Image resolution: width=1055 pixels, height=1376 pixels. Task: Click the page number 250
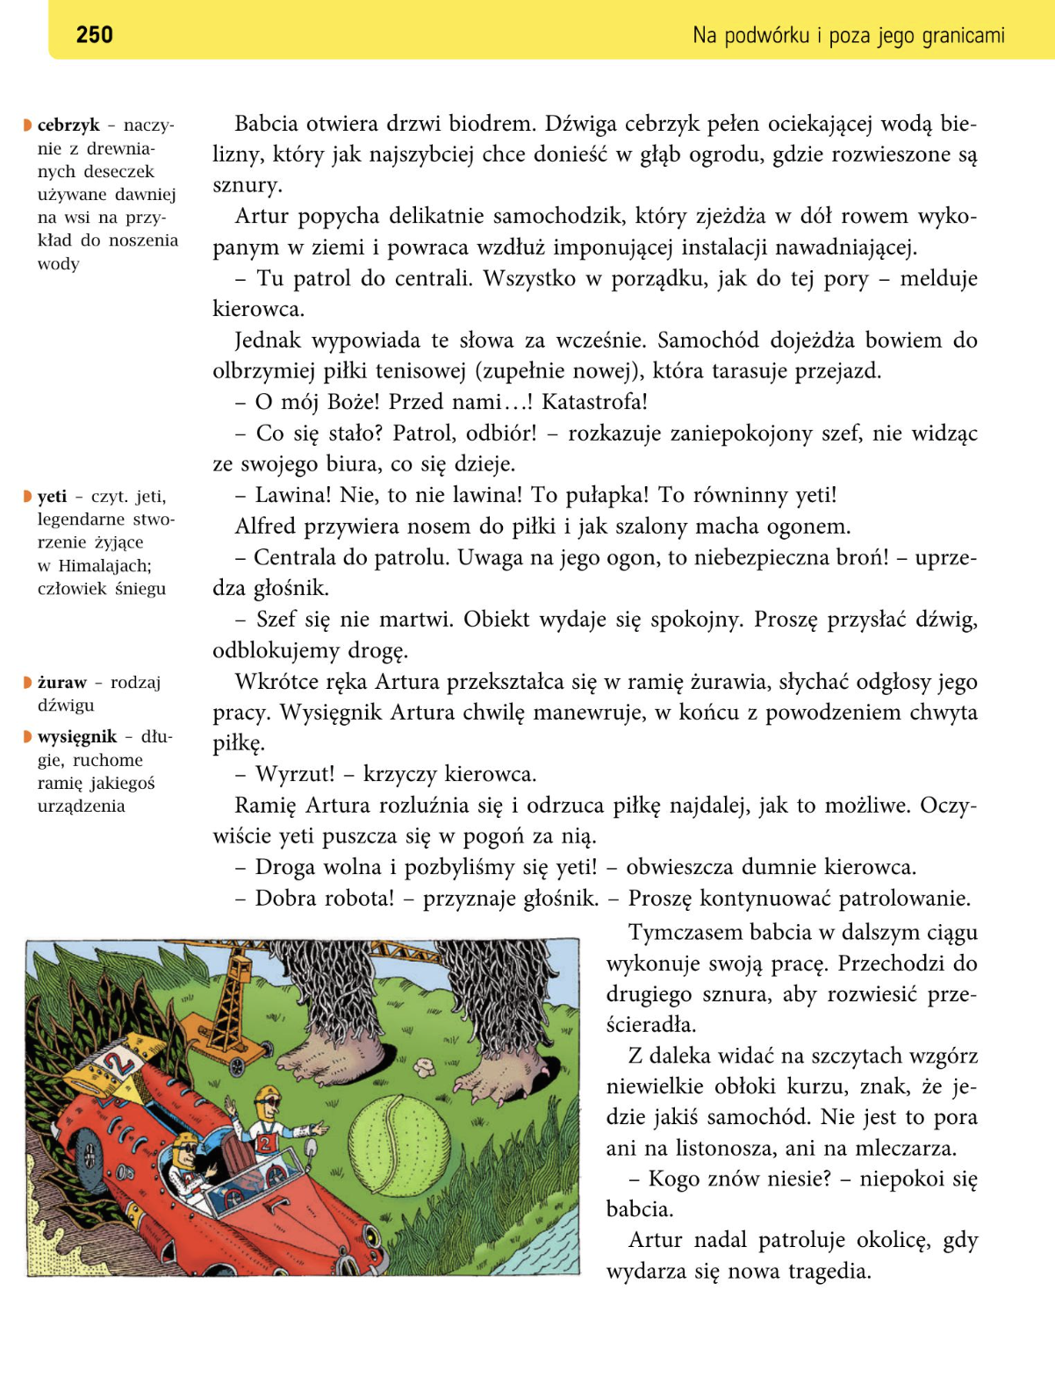click(x=94, y=35)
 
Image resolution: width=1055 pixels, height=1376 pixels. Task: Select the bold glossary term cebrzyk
click(x=68, y=125)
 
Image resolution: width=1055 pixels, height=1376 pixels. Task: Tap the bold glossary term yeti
click(x=53, y=497)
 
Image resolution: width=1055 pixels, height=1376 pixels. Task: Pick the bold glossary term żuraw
click(x=62, y=683)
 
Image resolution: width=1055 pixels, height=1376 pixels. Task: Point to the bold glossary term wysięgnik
click(x=77, y=737)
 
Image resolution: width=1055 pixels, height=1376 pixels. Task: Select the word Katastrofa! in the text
click(x=594, y=402)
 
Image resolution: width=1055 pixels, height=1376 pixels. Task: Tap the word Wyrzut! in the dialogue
click(x=295, y=774)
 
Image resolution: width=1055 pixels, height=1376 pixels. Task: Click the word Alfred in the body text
click(x=265, y=527)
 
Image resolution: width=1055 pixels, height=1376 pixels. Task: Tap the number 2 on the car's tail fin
click(x=118, y=1065)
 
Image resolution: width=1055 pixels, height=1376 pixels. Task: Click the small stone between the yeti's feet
click(x=427, y=1066)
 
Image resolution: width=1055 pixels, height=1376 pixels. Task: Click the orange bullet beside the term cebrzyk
click(x=28, y=125)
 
